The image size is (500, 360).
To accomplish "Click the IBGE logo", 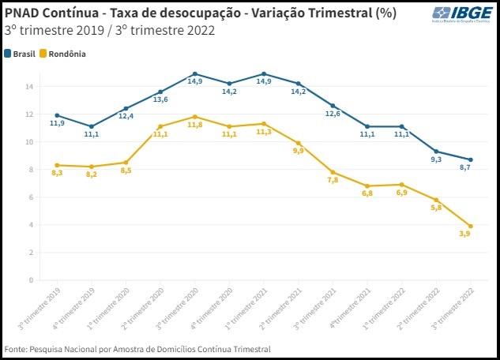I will click(x=462, y=17).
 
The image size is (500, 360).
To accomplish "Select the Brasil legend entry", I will click(x=24, y=54).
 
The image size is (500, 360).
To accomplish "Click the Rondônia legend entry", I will click(x=67, y=54).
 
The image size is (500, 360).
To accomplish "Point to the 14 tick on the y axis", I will click(x=29, y=87).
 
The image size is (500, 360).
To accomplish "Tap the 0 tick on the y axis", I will click(x=30, y=280).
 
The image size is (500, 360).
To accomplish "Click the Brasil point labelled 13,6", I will click(x=160, y=92).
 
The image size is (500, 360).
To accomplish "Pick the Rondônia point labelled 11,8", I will click(x=194, y=117).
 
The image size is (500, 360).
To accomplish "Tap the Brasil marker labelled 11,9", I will click(x=57, y=115).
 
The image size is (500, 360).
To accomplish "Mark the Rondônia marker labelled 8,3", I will click(x=57, y=165).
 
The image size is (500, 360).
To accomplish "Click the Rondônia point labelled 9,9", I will click(x=298, y=143).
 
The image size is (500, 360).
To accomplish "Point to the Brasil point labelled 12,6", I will click(x=333, y=106).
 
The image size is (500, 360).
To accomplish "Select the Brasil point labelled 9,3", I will click(x=437, y=152).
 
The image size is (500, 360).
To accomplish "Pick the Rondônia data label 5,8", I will click(x=437, y=208).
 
